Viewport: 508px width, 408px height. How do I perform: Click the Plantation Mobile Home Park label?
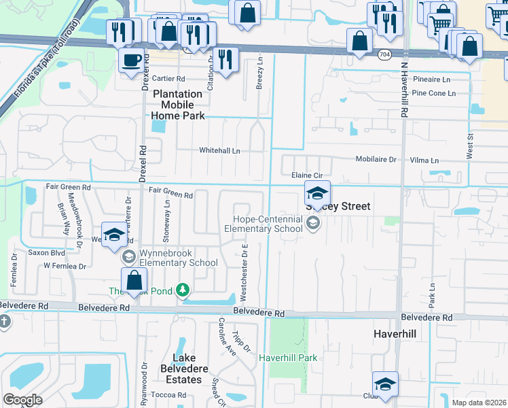point(177,105)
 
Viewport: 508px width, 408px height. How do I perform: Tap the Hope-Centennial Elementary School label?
point(268,224)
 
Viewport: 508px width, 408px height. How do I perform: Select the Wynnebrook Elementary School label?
point(178,258)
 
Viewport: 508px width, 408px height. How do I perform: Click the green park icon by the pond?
point(182,290)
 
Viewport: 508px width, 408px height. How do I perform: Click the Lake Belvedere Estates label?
point(178,369)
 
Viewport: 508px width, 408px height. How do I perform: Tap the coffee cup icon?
point(131,60)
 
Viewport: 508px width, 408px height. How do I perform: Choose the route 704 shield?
point(384,54)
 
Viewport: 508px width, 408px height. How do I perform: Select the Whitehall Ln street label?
point(219,150)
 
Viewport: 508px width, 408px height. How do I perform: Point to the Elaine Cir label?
point(306,175)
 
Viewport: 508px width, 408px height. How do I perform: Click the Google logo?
point(23,399)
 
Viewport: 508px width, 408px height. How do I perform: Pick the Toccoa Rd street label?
point(169,395)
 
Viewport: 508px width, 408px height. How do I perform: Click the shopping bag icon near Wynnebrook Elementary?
point(134,280)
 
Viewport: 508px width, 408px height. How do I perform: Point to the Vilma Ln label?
point(425,160)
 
